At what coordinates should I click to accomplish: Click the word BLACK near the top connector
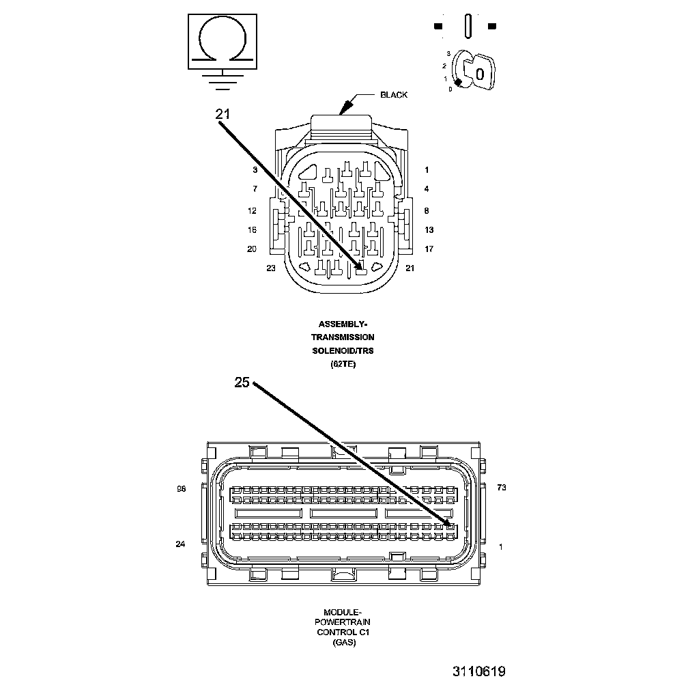pyautogui.click(x=394, y=95)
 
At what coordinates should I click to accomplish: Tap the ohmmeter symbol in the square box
pyautogui.click(x=223, y=41)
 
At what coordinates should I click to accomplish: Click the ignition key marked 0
pyautogui.click(x=478, y=72)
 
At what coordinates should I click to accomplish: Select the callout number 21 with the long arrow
pyautogui.click(x=223, y=115)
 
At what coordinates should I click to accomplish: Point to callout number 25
pyautogui.click(x=242, y=382)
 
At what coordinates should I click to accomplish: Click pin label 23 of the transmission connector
pyautogui.click(x=271, y=268)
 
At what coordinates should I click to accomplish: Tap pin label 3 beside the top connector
pyautogui.click(x=255, y=169)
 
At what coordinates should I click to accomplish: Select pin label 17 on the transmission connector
pyautogui.click(x=429, y=249)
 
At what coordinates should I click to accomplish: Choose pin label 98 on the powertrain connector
pyautogui.click(x=181, y=489)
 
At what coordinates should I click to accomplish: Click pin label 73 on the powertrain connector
pyautogui.click(x=502, y=488)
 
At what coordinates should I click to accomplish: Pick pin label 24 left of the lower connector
pyautogui.click(x=180, y=544)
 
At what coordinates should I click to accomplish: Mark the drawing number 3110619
pyautogui.click(x=478, y=671)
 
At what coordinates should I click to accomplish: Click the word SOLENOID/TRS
pyautogui.click(x=343, y=351)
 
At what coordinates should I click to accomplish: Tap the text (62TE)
pyautogui.click(x=343, y=365)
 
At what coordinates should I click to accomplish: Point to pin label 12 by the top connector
pyautogui.click(x=252, y=210)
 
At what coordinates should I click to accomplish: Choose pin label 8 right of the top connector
pyautogui.click(x=426, y=211)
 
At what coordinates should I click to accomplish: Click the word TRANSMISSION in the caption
pyautogui.click(x=343, y=337)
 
